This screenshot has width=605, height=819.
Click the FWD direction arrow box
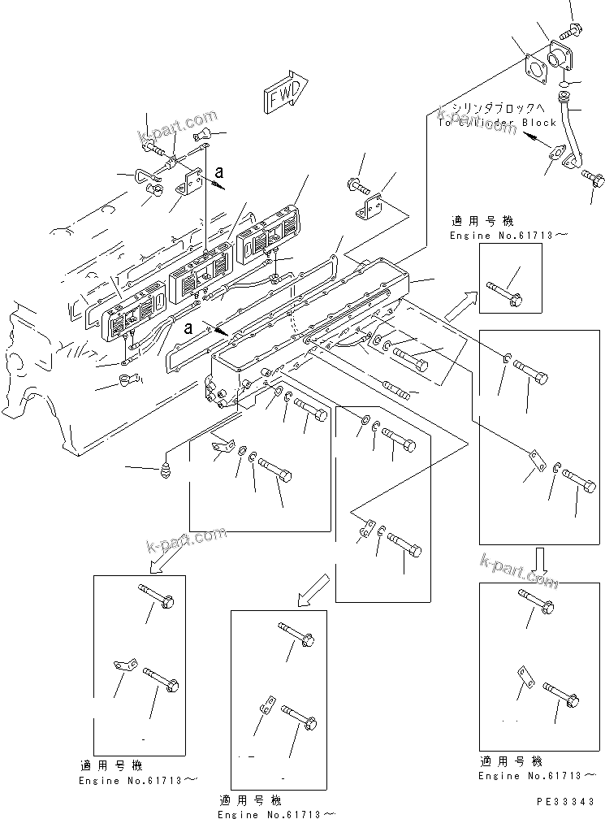point(283,92)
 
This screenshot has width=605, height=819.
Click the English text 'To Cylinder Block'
point(496,123)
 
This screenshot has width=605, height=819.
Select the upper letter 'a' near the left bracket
point(218,171)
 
